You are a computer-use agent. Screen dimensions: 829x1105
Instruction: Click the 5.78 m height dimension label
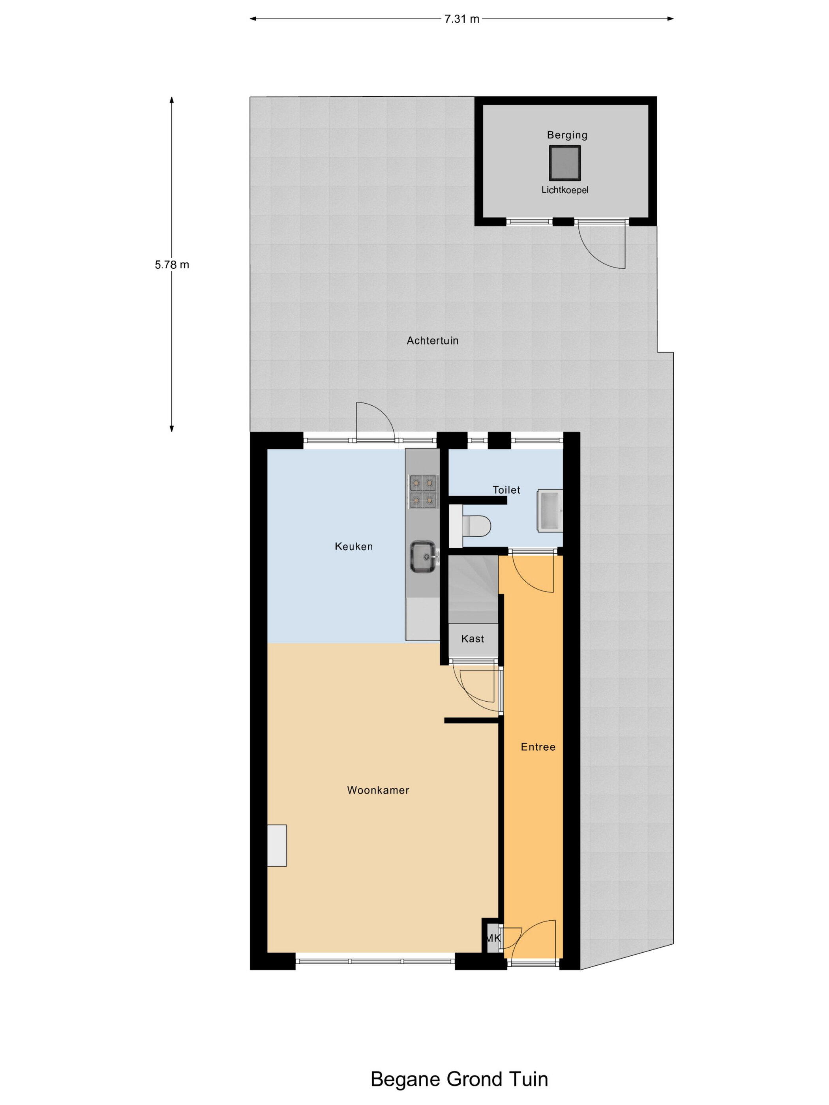172,265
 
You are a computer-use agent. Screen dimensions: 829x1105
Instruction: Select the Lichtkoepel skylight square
565,163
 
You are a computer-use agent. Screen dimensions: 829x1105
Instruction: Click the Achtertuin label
432,341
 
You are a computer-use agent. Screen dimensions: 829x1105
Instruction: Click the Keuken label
354,547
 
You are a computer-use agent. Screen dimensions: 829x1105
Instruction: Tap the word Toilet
506,490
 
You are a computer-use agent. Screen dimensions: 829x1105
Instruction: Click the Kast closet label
472,639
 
